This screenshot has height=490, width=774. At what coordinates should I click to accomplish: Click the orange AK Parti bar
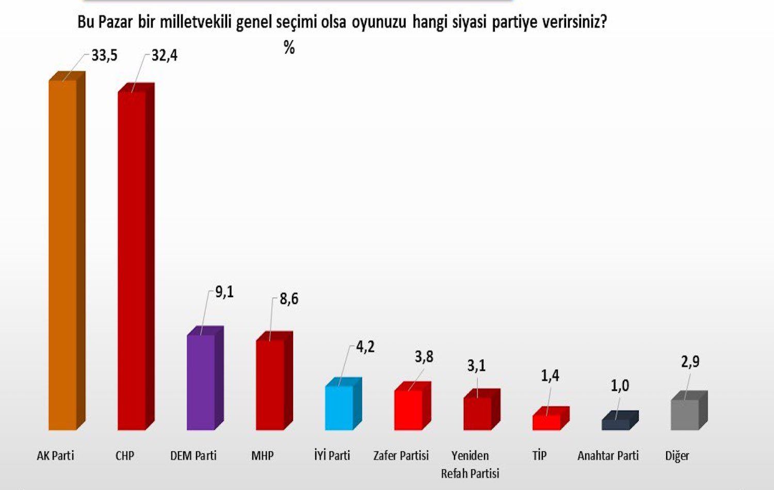62,255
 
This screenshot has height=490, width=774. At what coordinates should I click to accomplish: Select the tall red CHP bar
132,260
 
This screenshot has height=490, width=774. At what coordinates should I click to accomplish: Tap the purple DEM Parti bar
201,382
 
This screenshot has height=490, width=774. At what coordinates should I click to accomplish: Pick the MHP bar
270,385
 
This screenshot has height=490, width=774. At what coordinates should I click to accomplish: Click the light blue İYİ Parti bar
339,407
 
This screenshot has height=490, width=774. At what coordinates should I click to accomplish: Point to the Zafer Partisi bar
408,410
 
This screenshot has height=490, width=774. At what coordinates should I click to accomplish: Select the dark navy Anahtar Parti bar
616,424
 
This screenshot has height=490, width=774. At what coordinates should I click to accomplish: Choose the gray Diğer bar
685,415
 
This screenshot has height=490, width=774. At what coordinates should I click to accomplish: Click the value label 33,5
105,55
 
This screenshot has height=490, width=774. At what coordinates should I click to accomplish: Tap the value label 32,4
165,55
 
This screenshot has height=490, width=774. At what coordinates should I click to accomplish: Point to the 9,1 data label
224,292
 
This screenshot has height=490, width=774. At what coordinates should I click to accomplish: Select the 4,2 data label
365,347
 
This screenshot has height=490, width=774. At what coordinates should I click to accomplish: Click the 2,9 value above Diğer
690,362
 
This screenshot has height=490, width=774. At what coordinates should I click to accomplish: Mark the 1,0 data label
620,385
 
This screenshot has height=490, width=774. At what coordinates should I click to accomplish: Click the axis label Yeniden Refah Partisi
470,464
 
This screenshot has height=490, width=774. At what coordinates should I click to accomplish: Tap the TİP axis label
539,455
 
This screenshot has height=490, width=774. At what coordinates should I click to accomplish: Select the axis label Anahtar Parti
608,455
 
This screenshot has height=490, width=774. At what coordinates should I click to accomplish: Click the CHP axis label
125,455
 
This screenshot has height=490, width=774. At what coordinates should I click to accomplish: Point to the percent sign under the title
289,47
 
